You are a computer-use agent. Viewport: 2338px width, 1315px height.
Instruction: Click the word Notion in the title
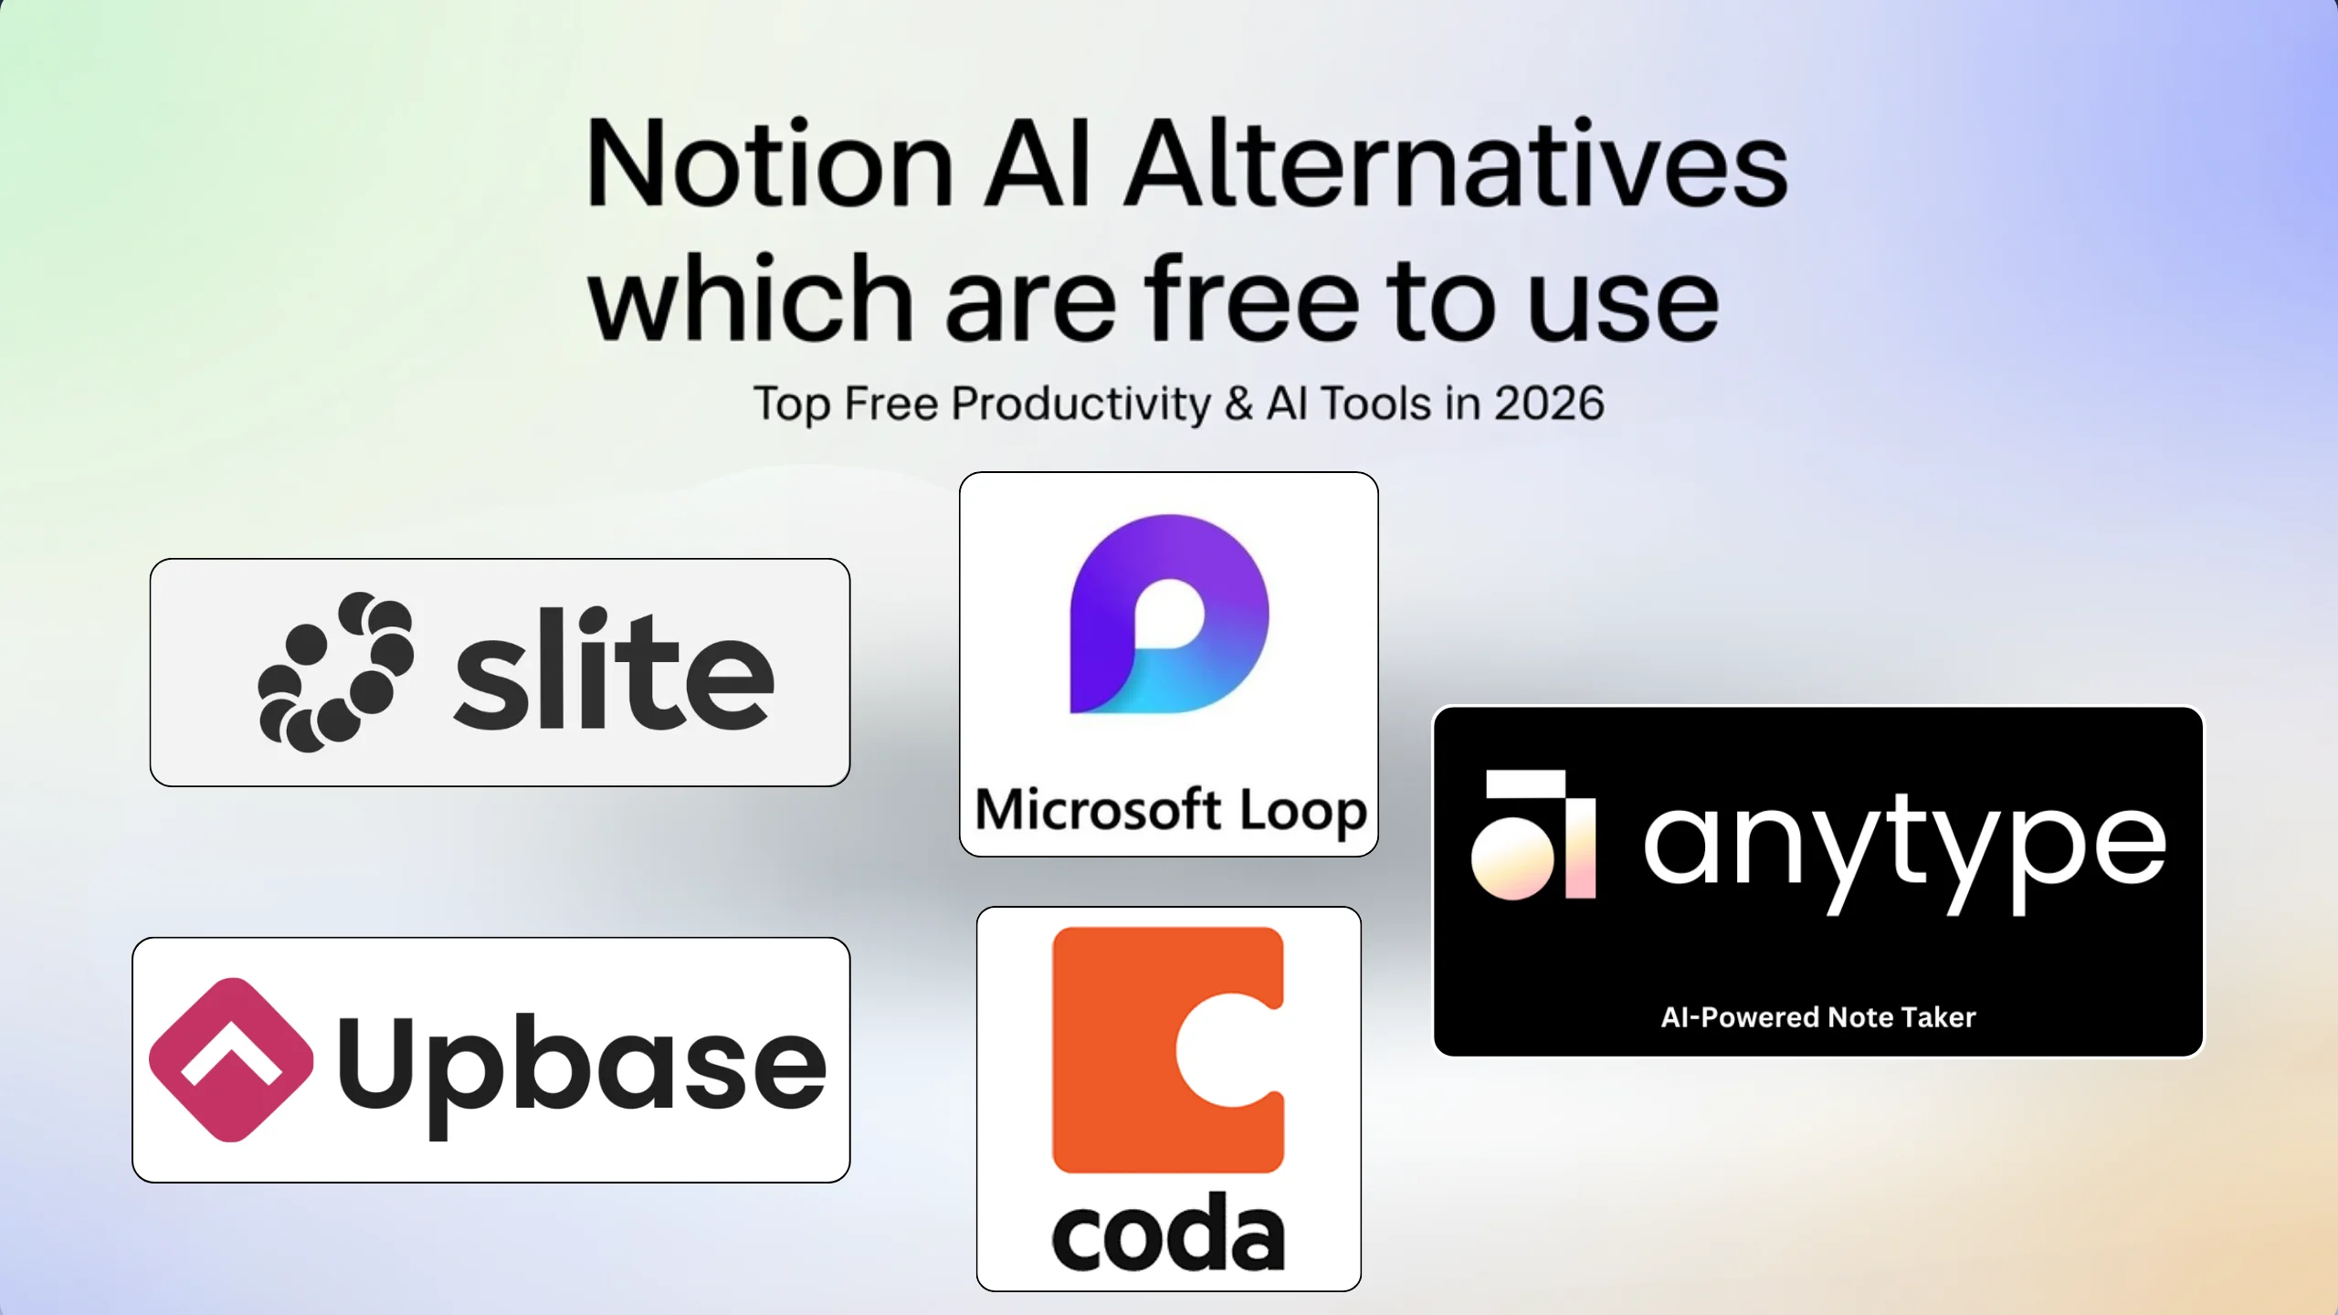[x=771, y=163]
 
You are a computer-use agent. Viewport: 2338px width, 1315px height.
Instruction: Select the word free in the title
[x=1252, y=298]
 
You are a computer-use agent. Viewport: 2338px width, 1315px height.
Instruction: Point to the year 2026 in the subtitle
[x=1549, y=404]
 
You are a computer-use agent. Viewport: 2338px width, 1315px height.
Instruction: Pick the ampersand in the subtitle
[x=1238, y=405]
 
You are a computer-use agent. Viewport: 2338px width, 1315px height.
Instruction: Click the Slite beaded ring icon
[x=336, y=672]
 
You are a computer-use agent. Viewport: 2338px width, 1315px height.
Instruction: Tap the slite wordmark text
[x=614, y=668]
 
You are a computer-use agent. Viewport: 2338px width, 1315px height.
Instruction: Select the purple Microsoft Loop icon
[x=1169, y=614]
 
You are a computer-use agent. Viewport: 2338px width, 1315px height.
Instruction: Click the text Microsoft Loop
[x=1171, y=810]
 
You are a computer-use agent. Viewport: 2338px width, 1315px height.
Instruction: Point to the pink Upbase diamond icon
[x=231, y=1060]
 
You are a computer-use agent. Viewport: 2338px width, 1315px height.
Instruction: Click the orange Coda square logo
[x=1168, y=1050]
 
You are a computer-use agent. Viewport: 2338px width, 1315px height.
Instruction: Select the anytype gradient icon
[x=1533, y=836]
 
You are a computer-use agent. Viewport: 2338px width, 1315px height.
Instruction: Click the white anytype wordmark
[x=1905, y=852]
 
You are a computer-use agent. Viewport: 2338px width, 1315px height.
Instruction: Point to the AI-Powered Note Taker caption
[x=1817, y=1017]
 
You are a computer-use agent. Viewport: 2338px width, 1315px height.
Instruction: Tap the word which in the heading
[x=751, y=296]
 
